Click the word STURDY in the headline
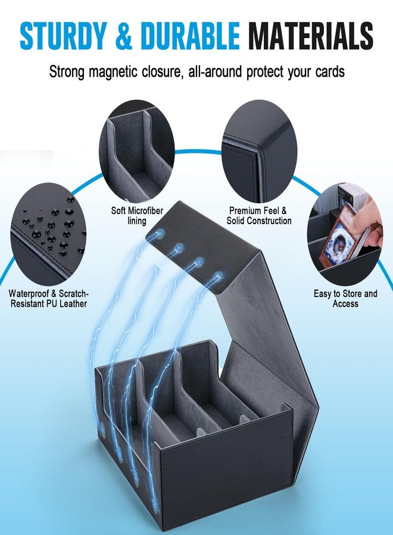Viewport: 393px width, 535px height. (63, 36)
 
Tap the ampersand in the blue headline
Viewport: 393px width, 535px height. (124, 36)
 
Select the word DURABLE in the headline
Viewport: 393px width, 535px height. (190, 36)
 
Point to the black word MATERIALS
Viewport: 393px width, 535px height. (310, 36)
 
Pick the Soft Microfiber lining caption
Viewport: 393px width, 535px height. (137, 216)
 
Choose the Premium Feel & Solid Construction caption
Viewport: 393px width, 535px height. (258, 216)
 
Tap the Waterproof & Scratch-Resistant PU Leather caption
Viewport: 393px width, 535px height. (48, 298)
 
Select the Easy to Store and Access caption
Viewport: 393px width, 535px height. (345, 298)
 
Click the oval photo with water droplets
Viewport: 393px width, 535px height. (48, 234)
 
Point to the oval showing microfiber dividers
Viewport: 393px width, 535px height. (137, 151)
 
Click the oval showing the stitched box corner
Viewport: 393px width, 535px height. (260, 151)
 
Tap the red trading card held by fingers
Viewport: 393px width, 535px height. (336, 239)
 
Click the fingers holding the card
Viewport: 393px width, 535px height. (371, 218)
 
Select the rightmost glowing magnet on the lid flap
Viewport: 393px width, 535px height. (218, 276)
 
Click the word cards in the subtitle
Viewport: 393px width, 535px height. (330, 72)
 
